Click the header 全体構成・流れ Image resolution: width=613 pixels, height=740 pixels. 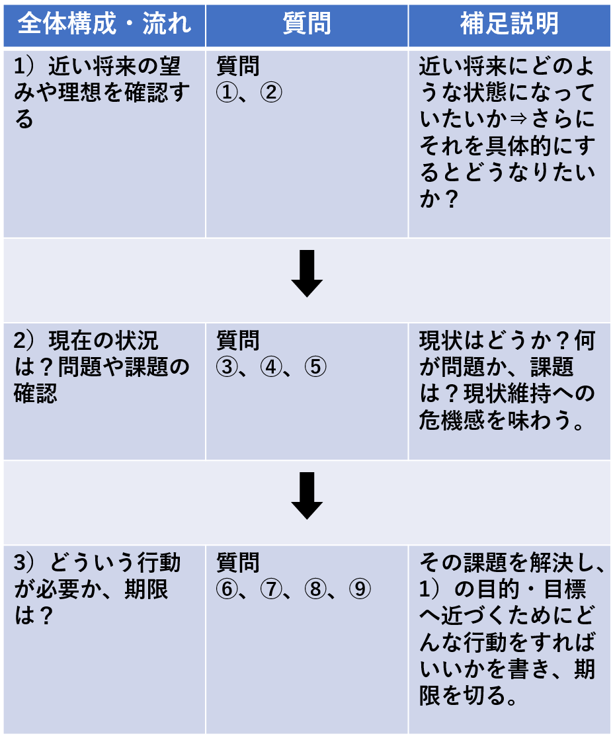click(104, 24)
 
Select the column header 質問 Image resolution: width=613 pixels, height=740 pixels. click(307, 24)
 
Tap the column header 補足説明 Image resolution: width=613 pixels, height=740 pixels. click(509, 24)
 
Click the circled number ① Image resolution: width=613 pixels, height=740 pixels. click(227, 93)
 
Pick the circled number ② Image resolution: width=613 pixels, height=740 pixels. click(271, 93)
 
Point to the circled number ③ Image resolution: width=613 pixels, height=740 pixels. click(227, 367)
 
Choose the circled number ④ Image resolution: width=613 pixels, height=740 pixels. click(271, 367)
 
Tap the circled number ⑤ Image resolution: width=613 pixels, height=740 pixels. click(315, 367)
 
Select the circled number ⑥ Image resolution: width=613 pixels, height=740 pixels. click(227, 589)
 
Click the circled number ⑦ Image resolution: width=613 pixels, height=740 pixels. click(271, 589)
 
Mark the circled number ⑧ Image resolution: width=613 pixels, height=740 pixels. click(315, 589)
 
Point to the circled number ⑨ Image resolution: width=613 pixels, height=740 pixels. click(360, 589)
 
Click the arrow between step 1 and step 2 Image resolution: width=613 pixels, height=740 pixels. click(307, 274)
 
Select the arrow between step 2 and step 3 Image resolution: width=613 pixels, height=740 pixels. click(307, 496)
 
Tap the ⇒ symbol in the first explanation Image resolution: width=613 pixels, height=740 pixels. click(518, 119)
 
